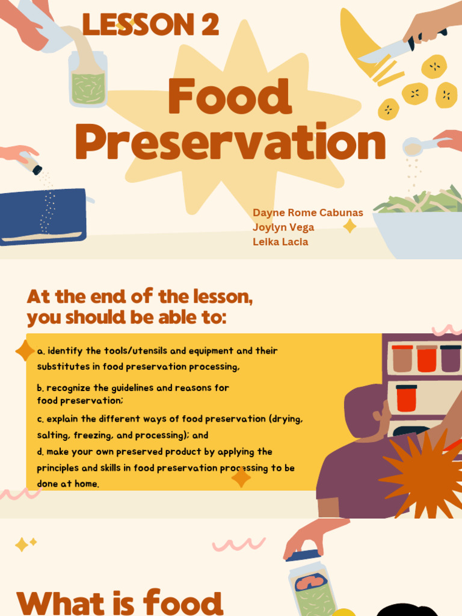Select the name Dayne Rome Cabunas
(x=308, y=213)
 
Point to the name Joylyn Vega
(x=283, y=227)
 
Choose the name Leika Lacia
(x=280, y=242)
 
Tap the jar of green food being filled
(x=88, y=81)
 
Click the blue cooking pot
(x=43, y=217)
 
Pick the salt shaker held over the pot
(x=29, y=162)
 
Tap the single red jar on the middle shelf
(x=406, y=399)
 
